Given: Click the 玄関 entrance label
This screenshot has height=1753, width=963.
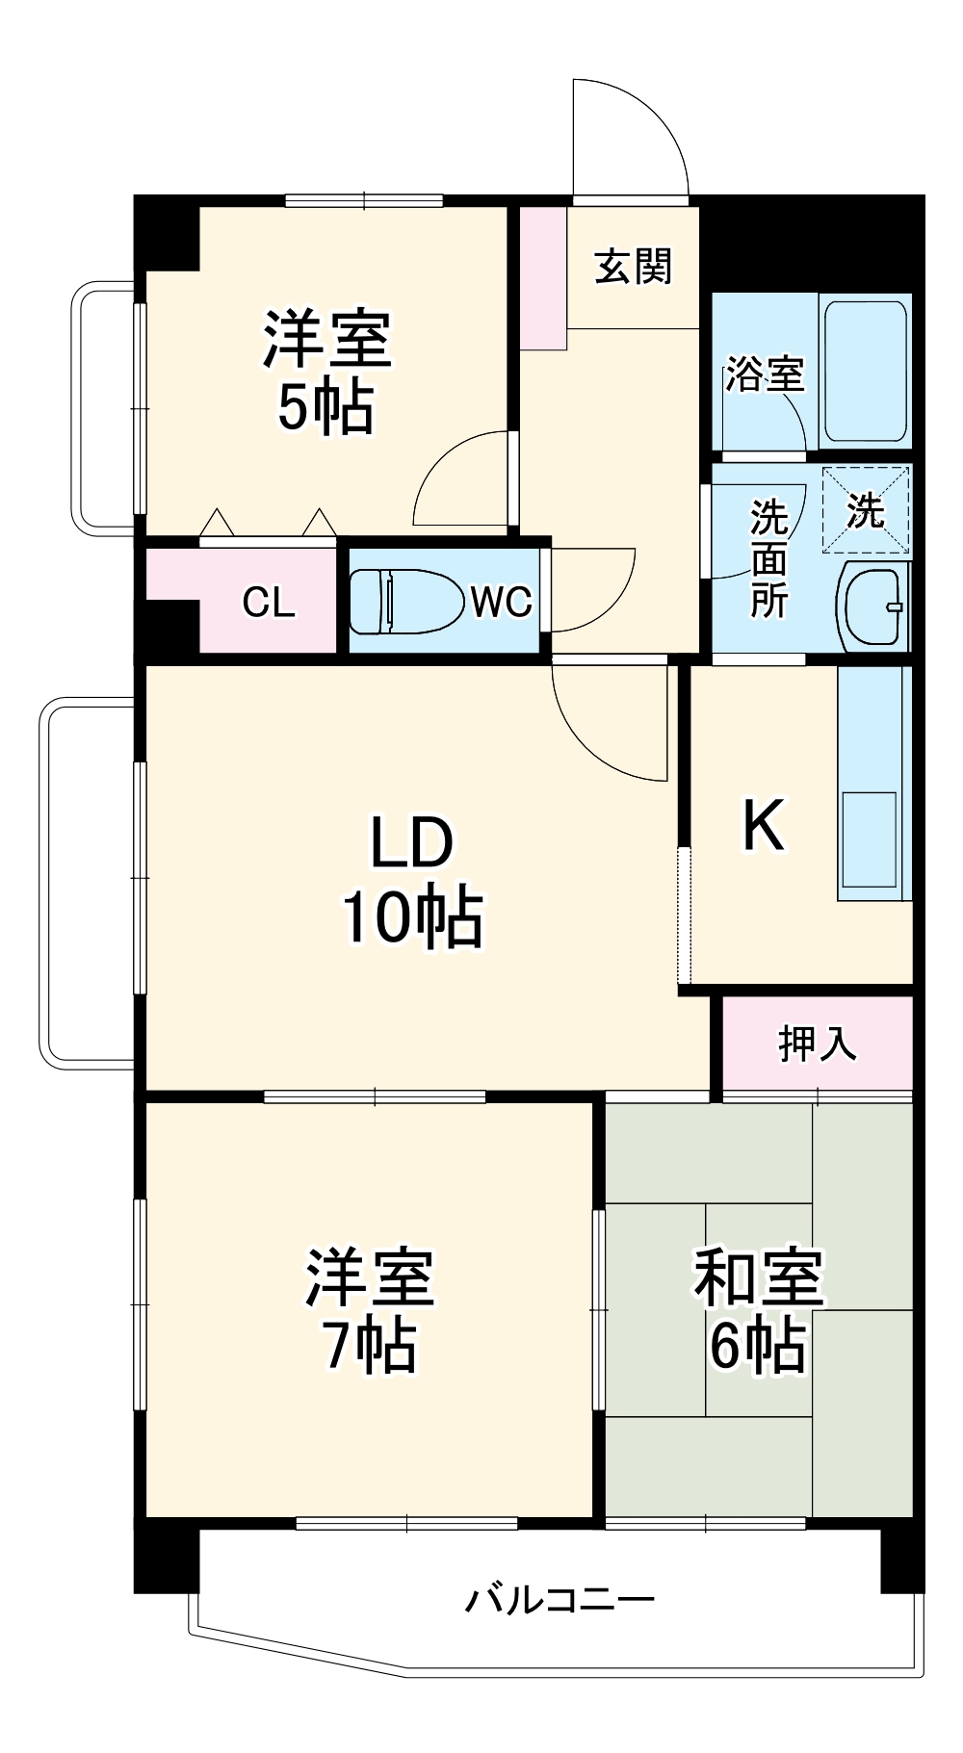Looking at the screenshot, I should click(633, 267).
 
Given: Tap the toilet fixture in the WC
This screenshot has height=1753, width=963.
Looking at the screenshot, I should click(404, 602).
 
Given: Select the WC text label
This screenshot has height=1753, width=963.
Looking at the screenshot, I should click(501, 603).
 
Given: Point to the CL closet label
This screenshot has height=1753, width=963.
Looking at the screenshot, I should click(268, 603).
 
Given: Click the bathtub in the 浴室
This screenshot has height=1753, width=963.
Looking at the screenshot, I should click(865, 372).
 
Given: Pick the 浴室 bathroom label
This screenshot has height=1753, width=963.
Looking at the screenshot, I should click(765, 374).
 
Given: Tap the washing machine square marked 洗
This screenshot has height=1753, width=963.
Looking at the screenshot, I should click(865, 510).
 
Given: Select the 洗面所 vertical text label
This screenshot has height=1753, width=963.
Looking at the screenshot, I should click(768, 559).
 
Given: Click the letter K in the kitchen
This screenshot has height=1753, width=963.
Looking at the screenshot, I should click(763, 825).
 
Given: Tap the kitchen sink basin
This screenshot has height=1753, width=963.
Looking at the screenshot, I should click(869, 838).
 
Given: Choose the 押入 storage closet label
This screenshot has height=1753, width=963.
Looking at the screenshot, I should click(817, 1044).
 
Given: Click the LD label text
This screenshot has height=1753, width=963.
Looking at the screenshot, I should click(412, 842).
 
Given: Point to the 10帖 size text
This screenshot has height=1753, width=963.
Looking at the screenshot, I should click(412, 916).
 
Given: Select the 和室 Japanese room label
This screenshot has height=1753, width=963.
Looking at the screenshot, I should click(758, 1277).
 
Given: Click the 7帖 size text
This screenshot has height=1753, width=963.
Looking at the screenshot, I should click(370, 1346).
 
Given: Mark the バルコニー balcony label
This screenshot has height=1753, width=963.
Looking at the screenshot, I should click(560, 1600).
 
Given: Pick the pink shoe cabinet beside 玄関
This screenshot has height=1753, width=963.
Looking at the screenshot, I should click(543, 278).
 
